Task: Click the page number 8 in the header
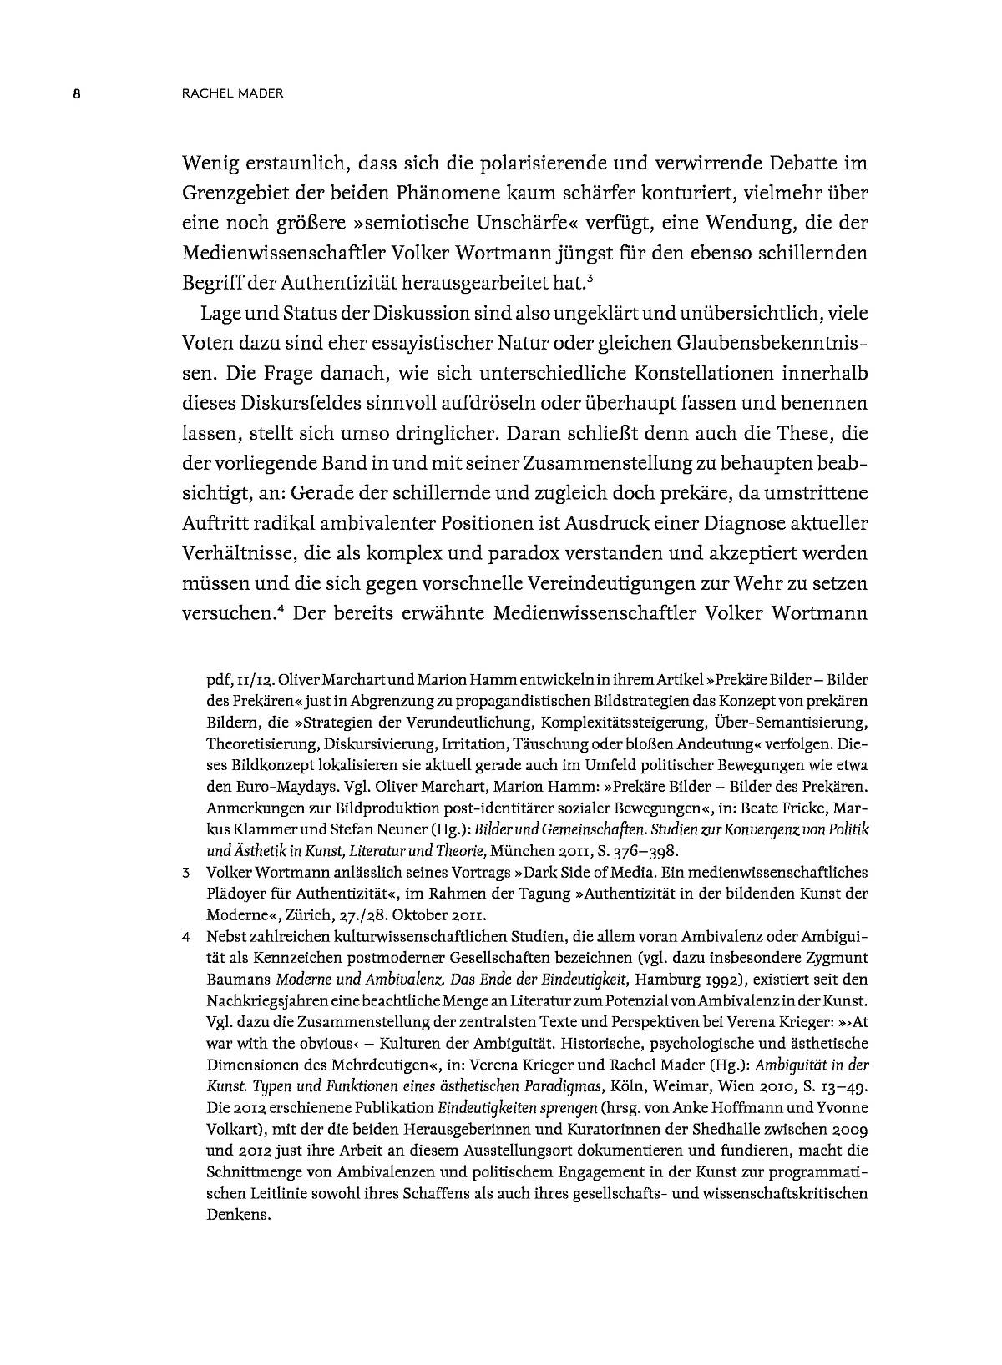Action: tap(75, 93)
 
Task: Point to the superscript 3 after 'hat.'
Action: tap(590, 278)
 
